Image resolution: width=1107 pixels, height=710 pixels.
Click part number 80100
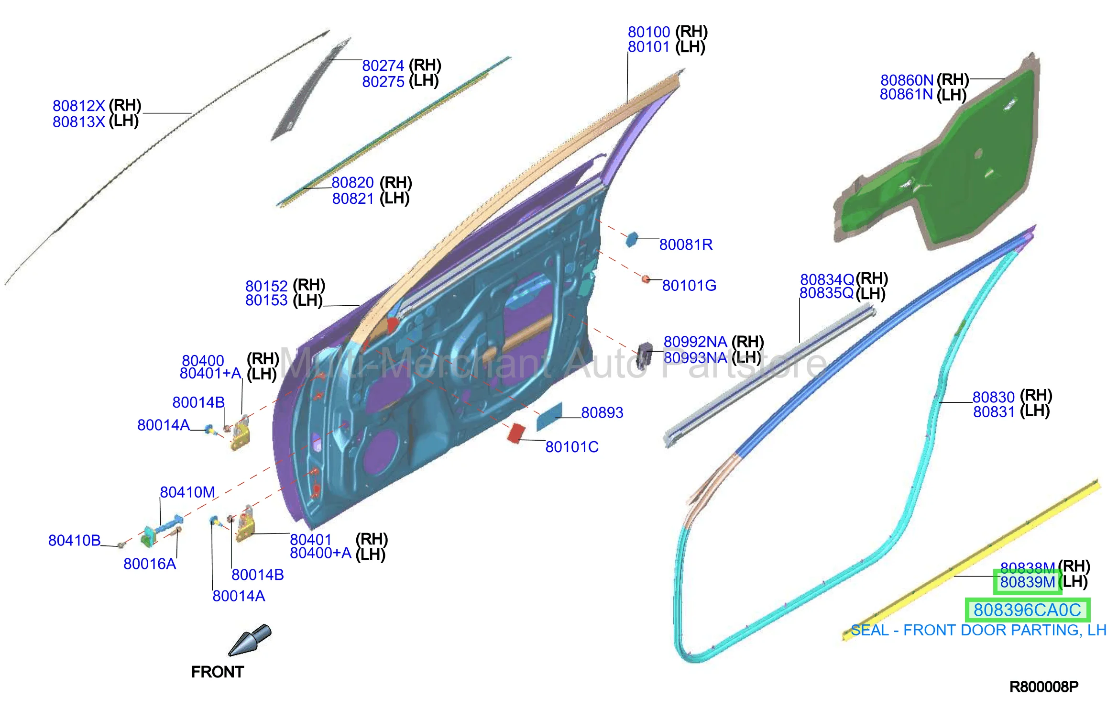[649, 32]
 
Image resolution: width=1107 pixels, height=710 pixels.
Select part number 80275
[383, 82]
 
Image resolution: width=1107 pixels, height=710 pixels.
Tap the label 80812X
[78, 106]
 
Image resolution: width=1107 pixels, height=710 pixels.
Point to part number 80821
[353, 199]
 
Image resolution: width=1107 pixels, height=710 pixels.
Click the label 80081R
[686, 245]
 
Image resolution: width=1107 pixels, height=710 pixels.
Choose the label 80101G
[689, 286]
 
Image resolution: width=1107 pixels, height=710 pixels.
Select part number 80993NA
[695, 358]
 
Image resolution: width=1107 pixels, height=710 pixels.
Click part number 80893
[602, 412]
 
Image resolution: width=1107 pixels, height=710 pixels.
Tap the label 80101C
[572, 447]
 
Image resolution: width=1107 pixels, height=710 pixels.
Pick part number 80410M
[187, 492]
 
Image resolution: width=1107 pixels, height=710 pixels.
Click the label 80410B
[75, 541]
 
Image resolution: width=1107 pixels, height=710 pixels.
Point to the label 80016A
[150, 564]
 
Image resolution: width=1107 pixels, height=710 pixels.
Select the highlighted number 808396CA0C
[1027, 610]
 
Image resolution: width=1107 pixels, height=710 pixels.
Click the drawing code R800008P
[1044, 687]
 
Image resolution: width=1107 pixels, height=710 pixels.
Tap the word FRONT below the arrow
[218, 672]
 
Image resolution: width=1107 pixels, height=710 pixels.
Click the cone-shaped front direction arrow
[250, 640]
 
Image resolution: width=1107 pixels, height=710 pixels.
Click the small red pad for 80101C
[516, 433]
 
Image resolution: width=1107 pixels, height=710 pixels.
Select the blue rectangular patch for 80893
[549, 417]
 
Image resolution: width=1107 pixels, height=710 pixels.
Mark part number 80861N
[907, 95]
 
